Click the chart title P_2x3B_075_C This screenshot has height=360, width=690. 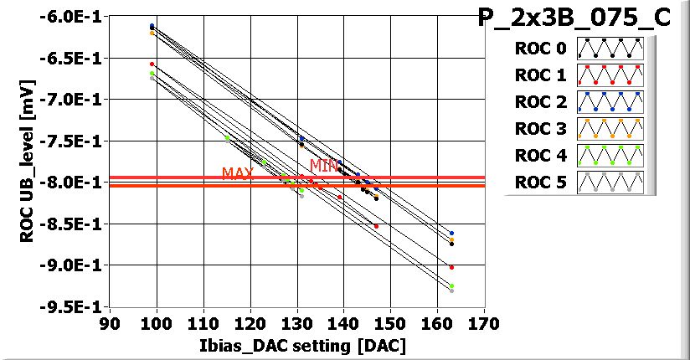click(x=574, y=18)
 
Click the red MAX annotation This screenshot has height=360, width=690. click(x=238, y=173)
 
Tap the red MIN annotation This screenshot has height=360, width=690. click(x=324, y=166)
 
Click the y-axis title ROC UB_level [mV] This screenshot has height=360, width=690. click(x=27, y=159)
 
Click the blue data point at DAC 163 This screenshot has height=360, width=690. click(x=451, y=234)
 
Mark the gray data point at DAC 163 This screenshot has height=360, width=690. click(x=451, y=291)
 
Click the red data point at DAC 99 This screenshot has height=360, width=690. click(x=152, y=64)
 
